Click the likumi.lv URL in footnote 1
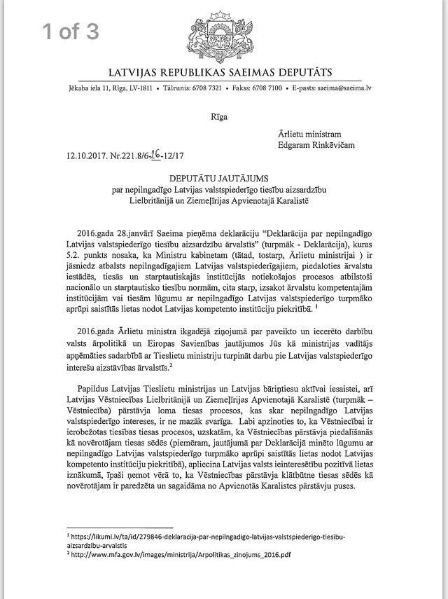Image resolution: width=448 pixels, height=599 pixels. click(x=209, y=535)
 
